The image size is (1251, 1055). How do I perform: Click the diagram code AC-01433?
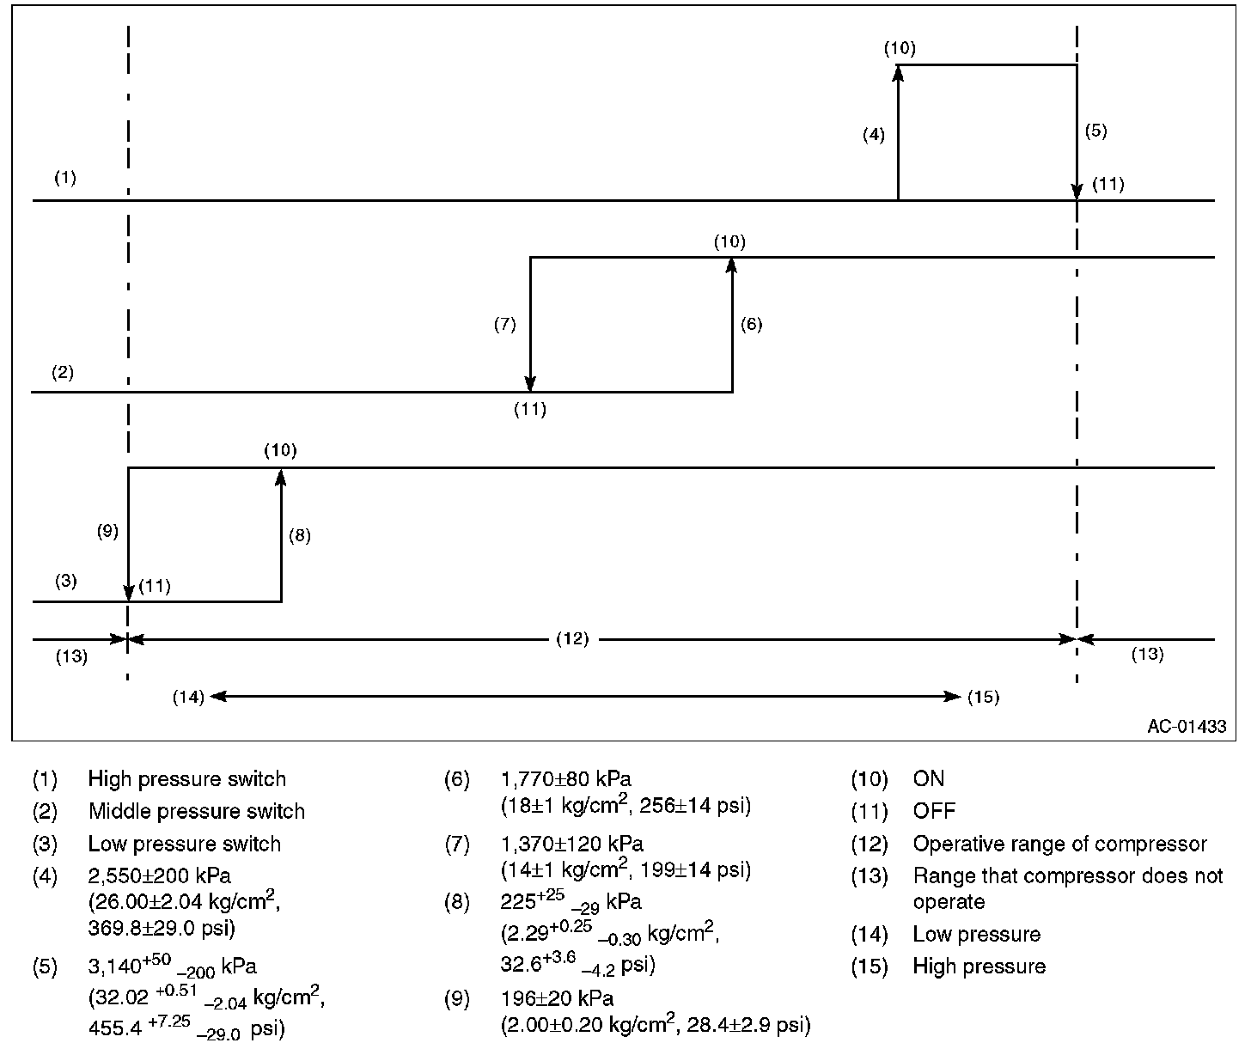click(x=1187, y=726)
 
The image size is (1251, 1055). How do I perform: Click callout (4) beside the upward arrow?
click(x=874, y=135)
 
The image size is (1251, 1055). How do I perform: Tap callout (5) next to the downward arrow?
click(x=1095, y=131)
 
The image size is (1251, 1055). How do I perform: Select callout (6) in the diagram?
click(x=751, y=325)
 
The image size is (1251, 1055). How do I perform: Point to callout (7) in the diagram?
click(x=504, y=325)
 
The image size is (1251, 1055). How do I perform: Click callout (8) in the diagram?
click(x=300, y=536)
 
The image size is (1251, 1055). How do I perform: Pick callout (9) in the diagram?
click(x=107, y=531)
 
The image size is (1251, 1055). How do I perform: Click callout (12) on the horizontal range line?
click(x=572, y=639)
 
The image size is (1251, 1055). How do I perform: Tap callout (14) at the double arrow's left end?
click(x=188, y=697)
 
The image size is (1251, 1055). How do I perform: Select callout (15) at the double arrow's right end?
click(x=984, y=697)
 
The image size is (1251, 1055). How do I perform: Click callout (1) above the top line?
click(x=65, y=179)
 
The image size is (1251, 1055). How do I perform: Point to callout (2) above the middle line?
click(x=63, y=373)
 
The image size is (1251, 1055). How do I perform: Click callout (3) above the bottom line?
click(x=66, y=582)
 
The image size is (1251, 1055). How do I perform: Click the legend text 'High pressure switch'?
click(x=186, y=779)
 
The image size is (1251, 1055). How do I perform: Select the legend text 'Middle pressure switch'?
click(x=196, y=812)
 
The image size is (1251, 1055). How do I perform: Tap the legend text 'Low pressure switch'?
click(x=184, y=845)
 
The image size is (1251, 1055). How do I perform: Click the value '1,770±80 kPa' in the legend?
click(x=565, y=779)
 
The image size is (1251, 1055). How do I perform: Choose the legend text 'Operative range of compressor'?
click(x=1059, y=845)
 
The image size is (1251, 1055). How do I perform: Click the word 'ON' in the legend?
click(x=928, y=779)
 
